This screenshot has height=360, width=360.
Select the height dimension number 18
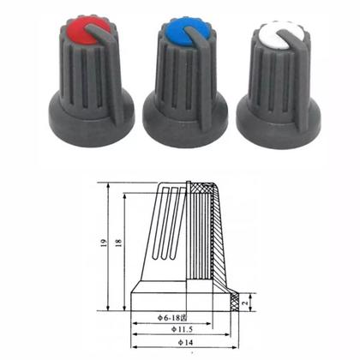pyautogui.click(x=117, y=245)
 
